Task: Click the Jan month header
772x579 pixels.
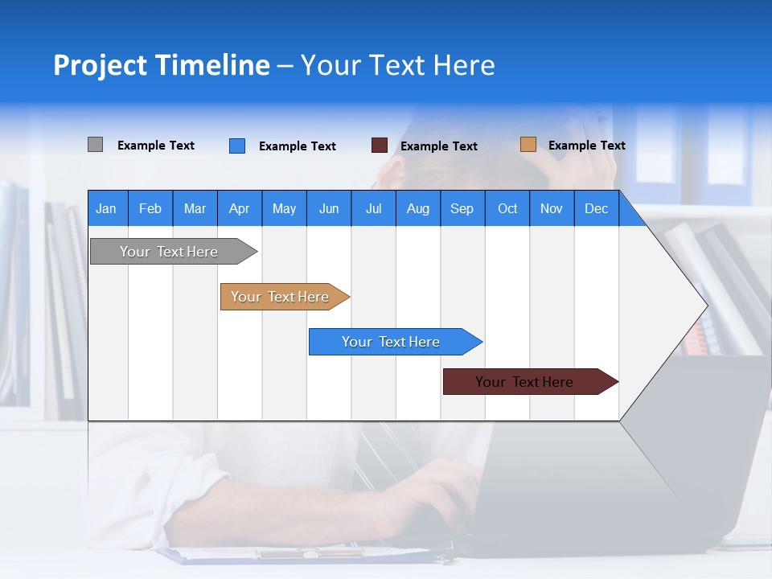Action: [107, 208]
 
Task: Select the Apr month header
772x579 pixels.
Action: [240, 208]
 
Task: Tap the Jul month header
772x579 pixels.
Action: [373, 208]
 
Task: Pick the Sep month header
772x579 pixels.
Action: [462, 208]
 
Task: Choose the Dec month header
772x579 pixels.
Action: [596, 208]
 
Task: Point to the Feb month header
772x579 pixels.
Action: [150, 208]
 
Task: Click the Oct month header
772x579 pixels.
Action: [507, 208]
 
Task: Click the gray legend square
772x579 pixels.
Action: [95, 145]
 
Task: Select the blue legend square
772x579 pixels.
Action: [237, 146]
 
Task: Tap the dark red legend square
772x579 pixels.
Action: [380, 146]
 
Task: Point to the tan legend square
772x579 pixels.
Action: [528, 145]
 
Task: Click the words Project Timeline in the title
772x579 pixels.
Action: [161, 65]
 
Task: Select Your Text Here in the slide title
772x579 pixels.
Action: [398, 65]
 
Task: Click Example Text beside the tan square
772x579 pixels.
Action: [586, 146]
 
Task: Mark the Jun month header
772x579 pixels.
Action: [329, 208]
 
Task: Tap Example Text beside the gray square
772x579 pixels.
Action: [156, 146]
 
